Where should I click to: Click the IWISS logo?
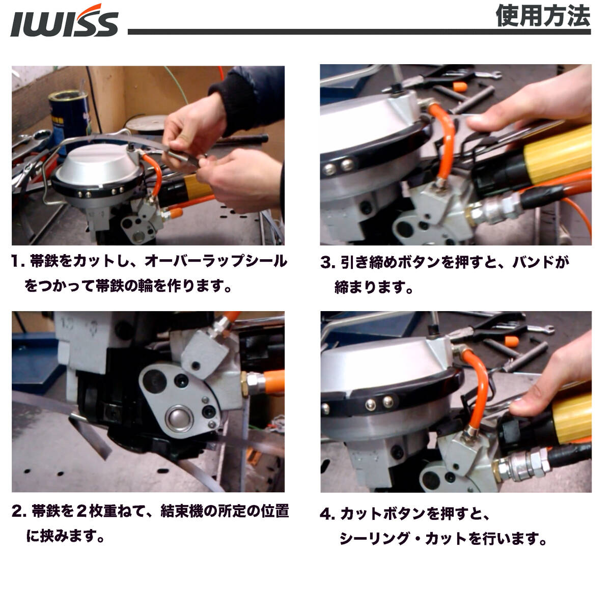point(64,21)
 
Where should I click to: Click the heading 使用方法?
point(542,16)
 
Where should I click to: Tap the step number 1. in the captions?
point(18,262)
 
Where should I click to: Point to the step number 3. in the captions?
point(327,263)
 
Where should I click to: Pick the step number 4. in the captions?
point(327,514)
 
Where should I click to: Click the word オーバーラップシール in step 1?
point(216,261)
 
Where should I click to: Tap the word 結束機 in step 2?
point(182,511)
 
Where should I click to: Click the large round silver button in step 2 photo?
point(179,418)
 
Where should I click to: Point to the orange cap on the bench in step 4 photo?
point(511,342)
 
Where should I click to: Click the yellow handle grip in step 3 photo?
point(558,155)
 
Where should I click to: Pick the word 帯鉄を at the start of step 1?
point(51,261)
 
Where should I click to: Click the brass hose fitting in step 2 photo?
point(245,384)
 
